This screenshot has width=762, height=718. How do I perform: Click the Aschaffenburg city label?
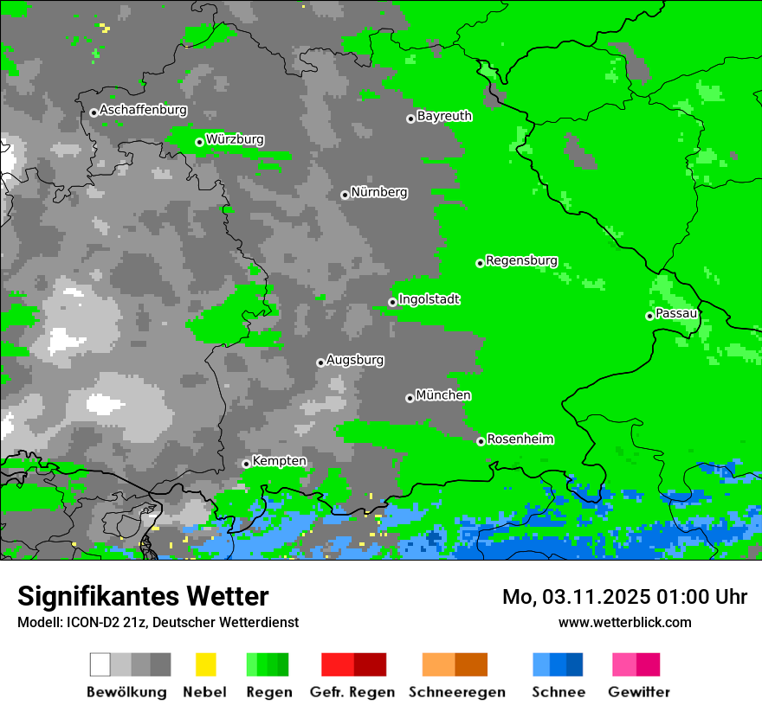[x=143, y=110]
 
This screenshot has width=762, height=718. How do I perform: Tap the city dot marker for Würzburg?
[x=199, y=142]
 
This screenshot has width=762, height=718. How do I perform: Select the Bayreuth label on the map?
[x=444, y=116]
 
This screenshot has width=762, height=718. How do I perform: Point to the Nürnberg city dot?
[x=345, y=195]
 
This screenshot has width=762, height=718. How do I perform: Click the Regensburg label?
[x=521, y=260]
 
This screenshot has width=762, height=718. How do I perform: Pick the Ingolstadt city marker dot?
[x=392, y=302]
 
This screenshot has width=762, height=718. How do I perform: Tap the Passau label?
[x=676, y=313]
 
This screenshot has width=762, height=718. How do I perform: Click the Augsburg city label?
[x=355, y=360]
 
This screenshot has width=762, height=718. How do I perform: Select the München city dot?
[x=410, y=398]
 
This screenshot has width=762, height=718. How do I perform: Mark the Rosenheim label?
[x=520, y=439]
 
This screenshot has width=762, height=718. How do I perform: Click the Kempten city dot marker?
[x=246, y=464]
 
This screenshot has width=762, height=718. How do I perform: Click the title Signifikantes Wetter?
[x=143, y=596]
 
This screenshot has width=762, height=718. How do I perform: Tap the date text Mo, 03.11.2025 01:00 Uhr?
[x=624, y=597]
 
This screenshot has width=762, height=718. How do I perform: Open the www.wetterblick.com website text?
[x=624, y=622]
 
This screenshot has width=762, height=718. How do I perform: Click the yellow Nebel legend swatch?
[x=205, y=664]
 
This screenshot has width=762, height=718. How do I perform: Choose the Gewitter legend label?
[x=639, y=692]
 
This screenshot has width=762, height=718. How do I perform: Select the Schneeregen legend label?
[x=457, y=692]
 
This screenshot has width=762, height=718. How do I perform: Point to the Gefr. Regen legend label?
[x=352, y=692]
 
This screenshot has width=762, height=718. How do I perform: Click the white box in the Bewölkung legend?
[x=100, y=664]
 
